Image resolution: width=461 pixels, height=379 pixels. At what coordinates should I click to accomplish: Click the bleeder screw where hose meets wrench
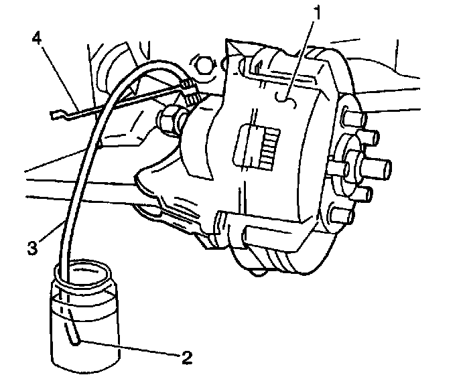[190, 90]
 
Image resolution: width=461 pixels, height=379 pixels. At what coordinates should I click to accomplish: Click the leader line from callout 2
[127, 347]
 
